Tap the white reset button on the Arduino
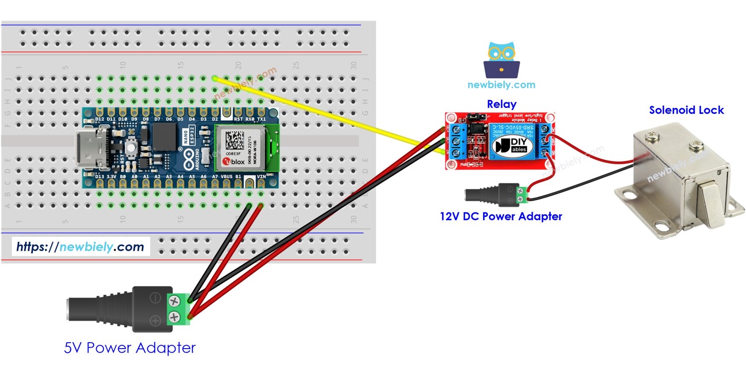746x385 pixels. [130, 148]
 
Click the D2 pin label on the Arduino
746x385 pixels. [215, 119]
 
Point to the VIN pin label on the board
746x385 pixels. [261, 177]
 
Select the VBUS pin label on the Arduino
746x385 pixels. [227, 177]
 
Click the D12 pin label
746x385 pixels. [99, 119]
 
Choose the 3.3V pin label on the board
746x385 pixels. [111, 177]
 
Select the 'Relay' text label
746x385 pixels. [501, 104]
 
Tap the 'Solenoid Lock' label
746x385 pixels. [686, 110]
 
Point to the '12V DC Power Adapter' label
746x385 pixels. [501, 216]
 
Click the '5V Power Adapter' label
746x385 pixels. [130, 348]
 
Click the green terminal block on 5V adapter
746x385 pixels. [175, 309]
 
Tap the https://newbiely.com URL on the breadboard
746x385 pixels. [80, 247]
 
